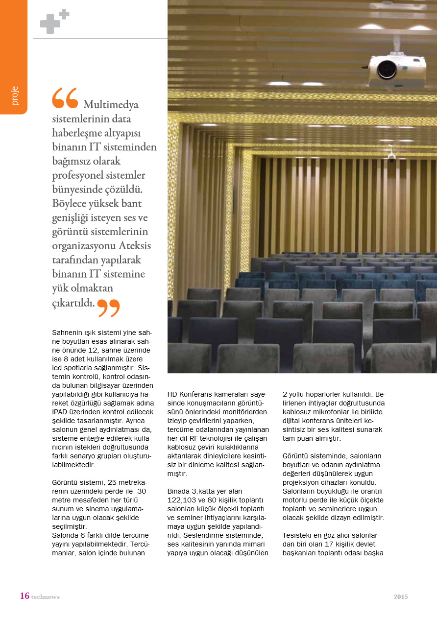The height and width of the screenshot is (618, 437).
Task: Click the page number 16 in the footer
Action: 24,596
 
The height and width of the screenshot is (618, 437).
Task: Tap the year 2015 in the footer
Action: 400,596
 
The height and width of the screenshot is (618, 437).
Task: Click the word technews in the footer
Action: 45,597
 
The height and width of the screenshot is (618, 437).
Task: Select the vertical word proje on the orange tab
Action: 14,95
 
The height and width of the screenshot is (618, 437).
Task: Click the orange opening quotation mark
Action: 65,98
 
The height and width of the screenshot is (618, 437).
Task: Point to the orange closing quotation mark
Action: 108,307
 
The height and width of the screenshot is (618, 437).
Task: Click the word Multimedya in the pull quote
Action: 111,104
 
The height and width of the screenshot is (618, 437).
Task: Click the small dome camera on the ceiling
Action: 391,157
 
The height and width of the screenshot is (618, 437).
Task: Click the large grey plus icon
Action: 50,24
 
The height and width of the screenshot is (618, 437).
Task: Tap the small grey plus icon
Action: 64,14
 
